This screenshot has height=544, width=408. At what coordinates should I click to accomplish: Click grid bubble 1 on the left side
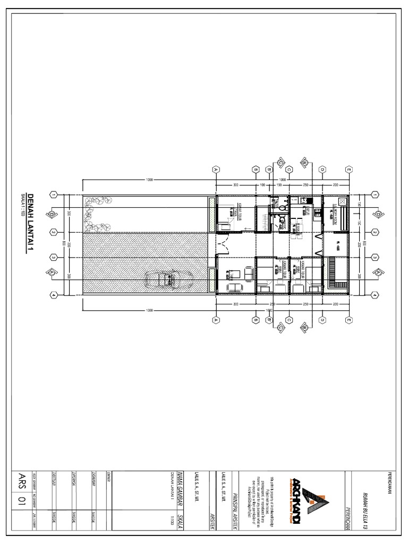pyautogui.click(x=55, y=195)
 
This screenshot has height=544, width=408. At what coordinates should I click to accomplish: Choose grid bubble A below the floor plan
pyautogui.click(x=216, y=320)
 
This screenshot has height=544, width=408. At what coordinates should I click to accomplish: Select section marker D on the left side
pyautogui.click(x=52, y=215)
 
